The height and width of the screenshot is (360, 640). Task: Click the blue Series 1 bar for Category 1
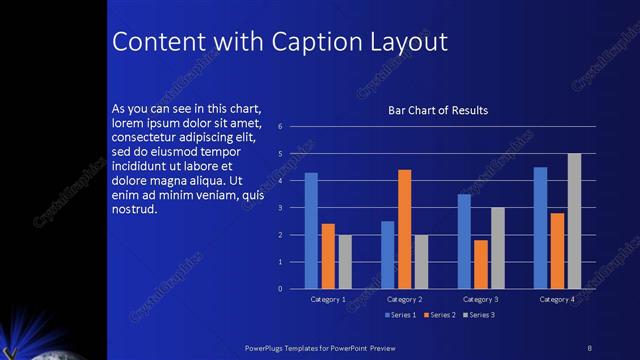pyautogui.click(x=311, y=231)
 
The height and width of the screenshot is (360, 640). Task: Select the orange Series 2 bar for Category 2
pyautogui.click(x=404, y=229)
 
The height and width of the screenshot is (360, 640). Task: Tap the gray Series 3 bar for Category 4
pyautogui.click(x=574, y=221)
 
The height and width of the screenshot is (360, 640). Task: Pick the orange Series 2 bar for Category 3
pyautogui.click(x=481, y=264)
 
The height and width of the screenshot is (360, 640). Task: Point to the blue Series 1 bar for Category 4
pyautogui.click(x=540, y=228)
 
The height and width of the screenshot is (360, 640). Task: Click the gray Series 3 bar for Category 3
pyautogui.click(x=497, y=248)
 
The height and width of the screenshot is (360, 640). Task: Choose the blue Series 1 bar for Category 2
pyautogui.click(x=388, y=255)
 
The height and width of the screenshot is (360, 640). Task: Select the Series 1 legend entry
pyautogui.click(x=403, y=315)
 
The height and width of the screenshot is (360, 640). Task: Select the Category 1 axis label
pyautogui.click(x=328, y=299)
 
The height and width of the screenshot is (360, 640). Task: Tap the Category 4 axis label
pyautogui.click(x=557, y=299)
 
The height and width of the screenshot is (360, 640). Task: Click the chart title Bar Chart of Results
pyautogui.click(x=438, y=110)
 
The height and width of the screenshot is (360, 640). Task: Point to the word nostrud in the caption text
pyautogui.click(x=135, y=209)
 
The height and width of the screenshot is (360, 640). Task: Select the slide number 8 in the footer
pyautogui.click(x=589, y=346)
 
